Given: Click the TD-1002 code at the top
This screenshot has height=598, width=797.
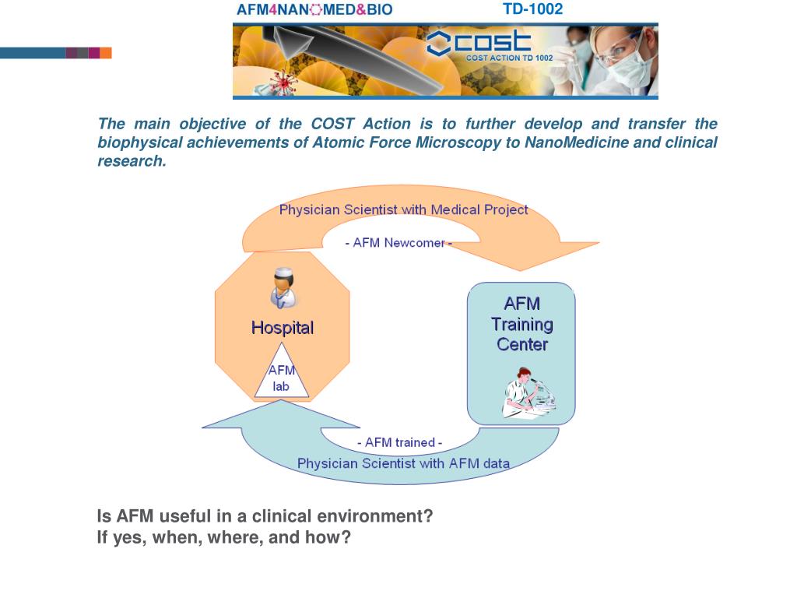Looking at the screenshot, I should (x=532, y=9).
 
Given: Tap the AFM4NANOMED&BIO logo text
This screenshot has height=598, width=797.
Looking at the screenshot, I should (x=314, y=10).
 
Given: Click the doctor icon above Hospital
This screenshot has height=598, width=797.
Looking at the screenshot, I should (x=281, y=287).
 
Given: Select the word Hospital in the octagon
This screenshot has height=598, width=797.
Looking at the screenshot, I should (x=282, y=328).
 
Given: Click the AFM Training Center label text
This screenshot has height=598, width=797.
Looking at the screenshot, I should (x=521, y=324).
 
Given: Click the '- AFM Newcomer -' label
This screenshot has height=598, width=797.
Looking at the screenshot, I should (x=398, y=242).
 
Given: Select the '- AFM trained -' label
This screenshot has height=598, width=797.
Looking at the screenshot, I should (x=400, y=442).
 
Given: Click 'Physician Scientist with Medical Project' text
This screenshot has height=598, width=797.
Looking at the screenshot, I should (x=403, y=209).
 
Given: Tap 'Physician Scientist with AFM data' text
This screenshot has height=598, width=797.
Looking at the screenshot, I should (x=403, y=463).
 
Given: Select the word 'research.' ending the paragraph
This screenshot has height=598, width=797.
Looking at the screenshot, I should (x=132, y=161).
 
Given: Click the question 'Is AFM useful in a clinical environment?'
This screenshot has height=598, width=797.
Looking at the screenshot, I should (x=265, y=516).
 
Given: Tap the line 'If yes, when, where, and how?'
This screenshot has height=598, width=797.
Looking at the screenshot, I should (x=224, y=537).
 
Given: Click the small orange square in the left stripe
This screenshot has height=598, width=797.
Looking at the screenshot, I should (x=106, y=53).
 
